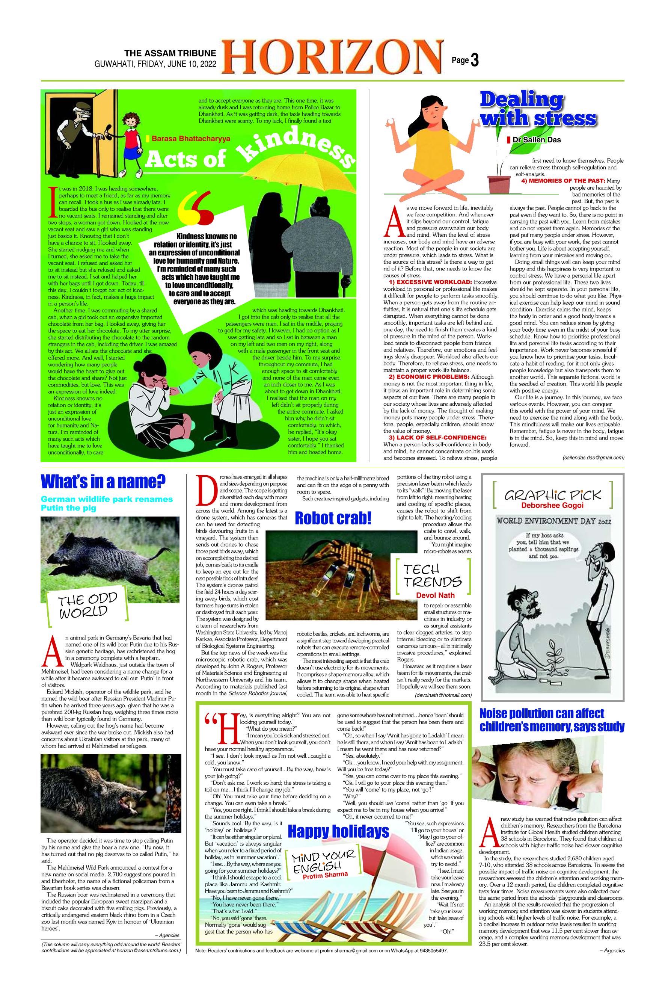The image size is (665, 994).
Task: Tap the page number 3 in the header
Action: click(475, 60)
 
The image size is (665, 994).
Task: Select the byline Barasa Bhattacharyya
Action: click(190, 138)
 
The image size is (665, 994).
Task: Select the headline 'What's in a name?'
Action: click(103, 482)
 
